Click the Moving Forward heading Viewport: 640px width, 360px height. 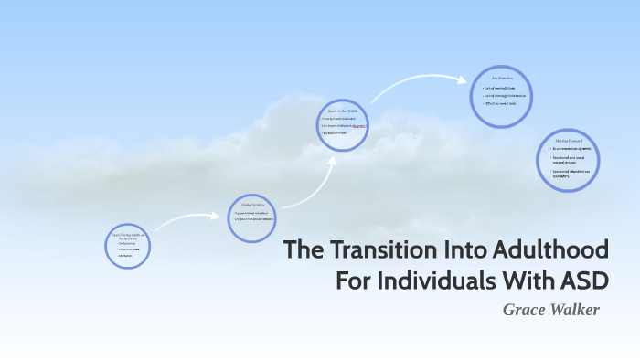[569, 141]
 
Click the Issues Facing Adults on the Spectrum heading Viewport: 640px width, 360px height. [128, 236]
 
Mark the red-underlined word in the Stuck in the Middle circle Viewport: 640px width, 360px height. [359, 126]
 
